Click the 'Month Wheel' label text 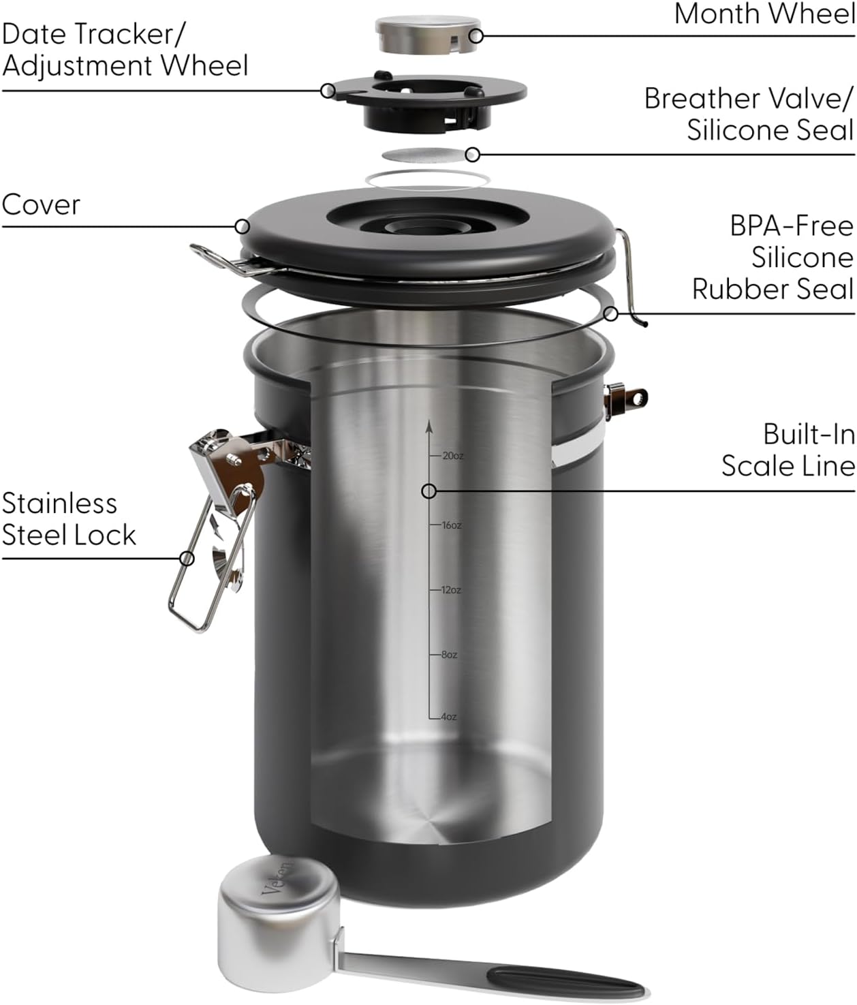tap(764, 14)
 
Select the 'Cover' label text tap(41, 204)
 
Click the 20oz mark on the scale tap(452, 456)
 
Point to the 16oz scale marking tap(451, 525)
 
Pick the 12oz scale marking tap(450, 590)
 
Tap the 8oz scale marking tap(449, 655)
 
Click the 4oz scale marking tap(448, 717)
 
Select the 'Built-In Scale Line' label tap(788, 450)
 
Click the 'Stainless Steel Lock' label tap(68, 519)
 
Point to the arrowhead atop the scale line tap(429, 427)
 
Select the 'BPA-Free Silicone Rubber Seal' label tap(773, 258)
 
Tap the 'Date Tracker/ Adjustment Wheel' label tap(125, 50)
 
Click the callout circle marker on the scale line tap(429, 491)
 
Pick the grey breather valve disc tap(426, 155)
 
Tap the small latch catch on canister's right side tap(625, 399)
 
